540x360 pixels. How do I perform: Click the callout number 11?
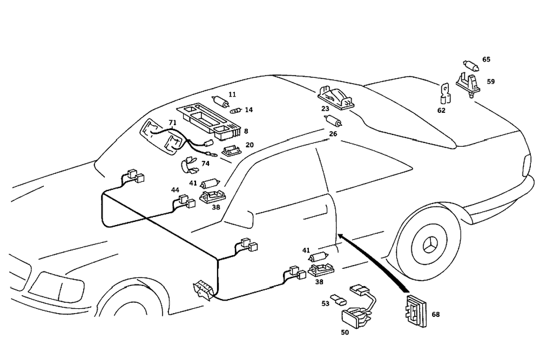click(232, 94)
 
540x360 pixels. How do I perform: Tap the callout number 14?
click(248, 110)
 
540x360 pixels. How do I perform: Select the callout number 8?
click(246, 131)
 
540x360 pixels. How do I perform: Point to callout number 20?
click(249, 145)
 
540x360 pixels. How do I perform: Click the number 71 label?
click(172, 123)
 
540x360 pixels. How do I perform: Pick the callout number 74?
click(205, 164)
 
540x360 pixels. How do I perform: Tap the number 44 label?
click(175, 190)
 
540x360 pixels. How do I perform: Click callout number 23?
click(325, 108)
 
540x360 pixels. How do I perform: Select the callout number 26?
click(333, 133)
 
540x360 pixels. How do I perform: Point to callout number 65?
click(486, 60)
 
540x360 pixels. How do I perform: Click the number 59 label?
click(490, 82)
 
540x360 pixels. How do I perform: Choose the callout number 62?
click(441, 111)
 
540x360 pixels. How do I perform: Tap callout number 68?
click(435, 314)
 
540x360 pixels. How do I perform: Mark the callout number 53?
click(325, 304)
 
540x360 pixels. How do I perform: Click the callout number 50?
click(345, 332)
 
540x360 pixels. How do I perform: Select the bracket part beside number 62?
click(444, 93)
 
